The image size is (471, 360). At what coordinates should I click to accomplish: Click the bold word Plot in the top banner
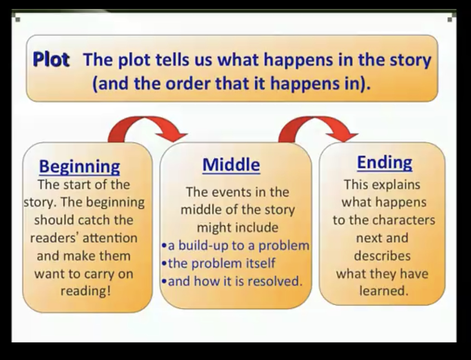(51, 59)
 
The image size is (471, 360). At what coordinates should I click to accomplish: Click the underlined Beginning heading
(80, 166)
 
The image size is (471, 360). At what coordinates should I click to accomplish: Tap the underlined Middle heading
(231, 165)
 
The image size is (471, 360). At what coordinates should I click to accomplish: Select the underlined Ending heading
(385, 163)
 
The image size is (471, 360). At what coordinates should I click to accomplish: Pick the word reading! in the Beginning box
(86, 291)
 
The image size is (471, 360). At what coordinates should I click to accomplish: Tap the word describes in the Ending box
(382, 256)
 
